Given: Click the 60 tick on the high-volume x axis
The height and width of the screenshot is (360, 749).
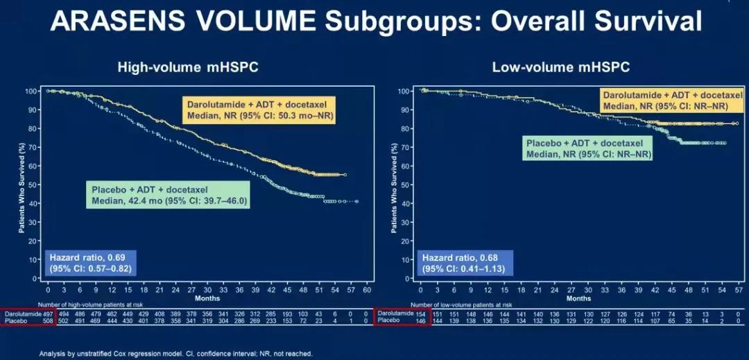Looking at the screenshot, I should [x=368, y=290].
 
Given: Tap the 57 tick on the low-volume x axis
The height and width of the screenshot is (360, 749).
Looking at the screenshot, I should [x=739, y=290].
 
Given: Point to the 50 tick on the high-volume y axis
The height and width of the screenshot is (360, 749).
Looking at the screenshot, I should [x=33, y=185].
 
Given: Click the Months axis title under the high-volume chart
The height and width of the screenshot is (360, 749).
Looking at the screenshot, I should [x=207, y=298].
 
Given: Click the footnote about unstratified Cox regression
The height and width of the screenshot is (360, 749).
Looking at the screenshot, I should [x=176, y=353].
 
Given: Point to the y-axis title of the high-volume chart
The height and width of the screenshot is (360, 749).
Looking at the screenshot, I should [x=21, y=185].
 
